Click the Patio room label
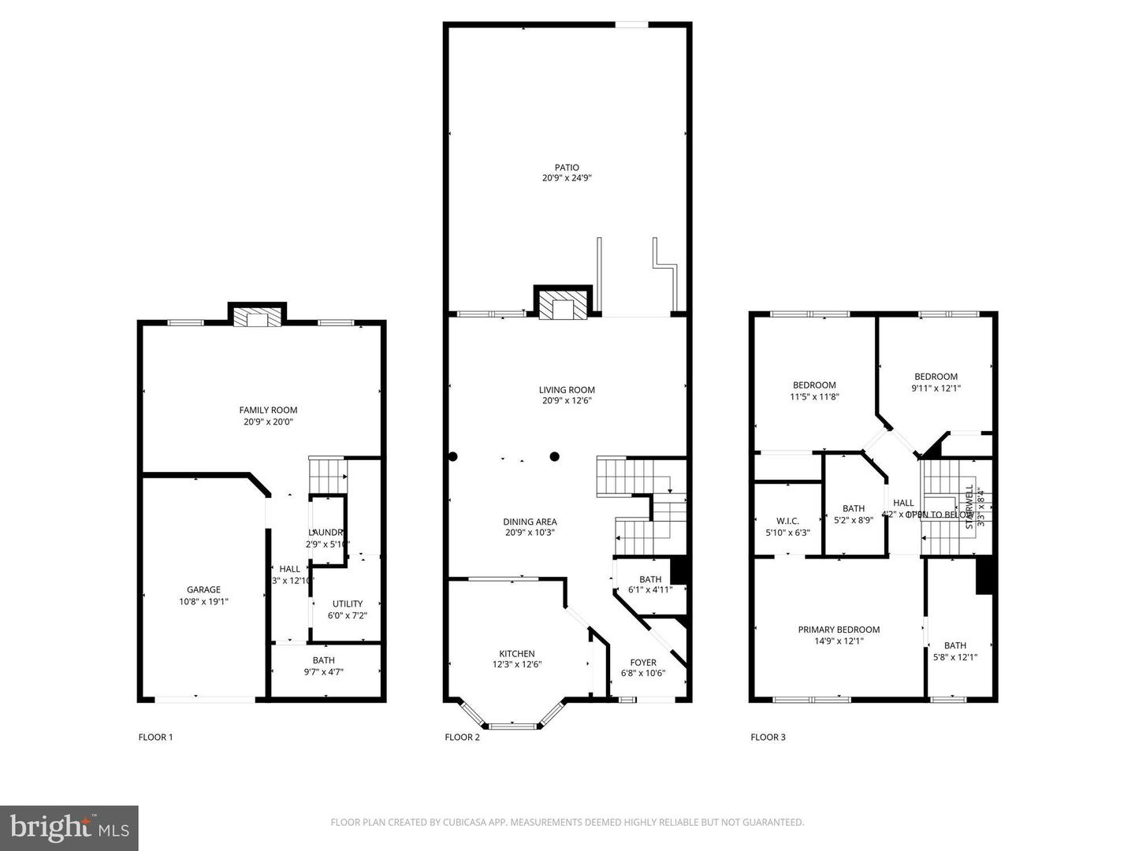tap(567, 168)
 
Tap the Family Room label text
tap(268, 410)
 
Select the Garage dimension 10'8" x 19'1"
tap(203, 601)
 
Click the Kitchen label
tap(516, 653)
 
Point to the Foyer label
tap(642, 663)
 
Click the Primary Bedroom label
tap(839, 630)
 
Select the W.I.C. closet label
tap(787, 521)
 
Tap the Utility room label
tap(347, 604)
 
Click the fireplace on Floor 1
tap(257, 318)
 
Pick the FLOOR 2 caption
tap(462, 738)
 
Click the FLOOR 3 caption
tap(768, 738)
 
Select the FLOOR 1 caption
tap(155, 738)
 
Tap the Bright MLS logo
tap(69, 827)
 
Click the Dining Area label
tap(530, 522)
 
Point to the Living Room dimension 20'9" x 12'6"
tap(567, 400)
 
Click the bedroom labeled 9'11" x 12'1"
tap(936, 382)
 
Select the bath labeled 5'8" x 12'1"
tap(955, 651)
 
